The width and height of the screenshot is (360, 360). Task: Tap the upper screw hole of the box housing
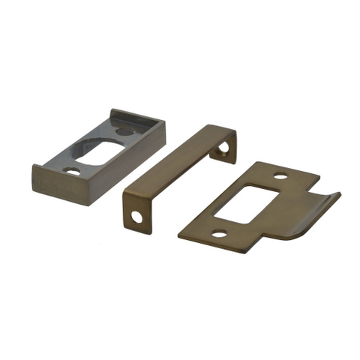click(x=124, y=132)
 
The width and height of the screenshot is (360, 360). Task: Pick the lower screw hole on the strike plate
click(x=218, y=234)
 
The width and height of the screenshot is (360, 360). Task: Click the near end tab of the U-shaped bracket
click(x=136, y=211)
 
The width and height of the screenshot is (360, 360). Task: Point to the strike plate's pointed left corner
click(x=181, y=236)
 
